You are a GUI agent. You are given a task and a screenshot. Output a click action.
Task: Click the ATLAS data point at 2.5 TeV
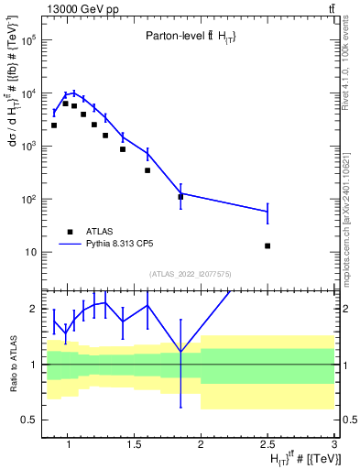coord(267,245)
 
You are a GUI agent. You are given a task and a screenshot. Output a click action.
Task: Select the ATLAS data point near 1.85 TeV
coord(180,197)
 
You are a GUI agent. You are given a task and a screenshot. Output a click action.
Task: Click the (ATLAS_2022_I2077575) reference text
coord(191,272)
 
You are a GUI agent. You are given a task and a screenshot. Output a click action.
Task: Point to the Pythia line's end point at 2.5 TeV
coord(267,212)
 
